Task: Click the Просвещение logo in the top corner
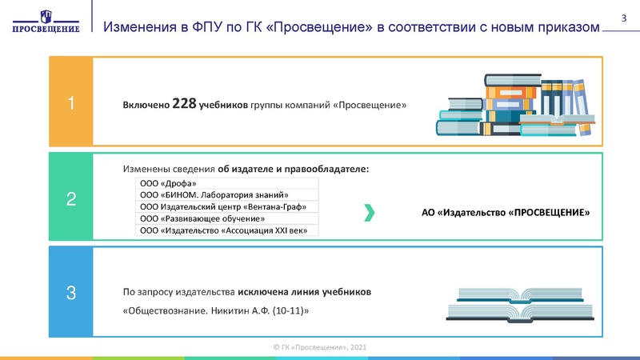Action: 46,22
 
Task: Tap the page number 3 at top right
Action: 624,18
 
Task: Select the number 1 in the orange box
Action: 71,103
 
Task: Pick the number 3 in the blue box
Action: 71,294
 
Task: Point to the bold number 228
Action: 186,103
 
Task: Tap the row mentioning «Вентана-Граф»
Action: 226,207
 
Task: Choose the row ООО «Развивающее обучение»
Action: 226,218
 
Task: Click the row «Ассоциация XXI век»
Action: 226,230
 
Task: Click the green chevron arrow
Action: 369,212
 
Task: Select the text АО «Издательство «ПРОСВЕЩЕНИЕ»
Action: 505,214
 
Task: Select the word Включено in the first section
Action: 145,104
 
